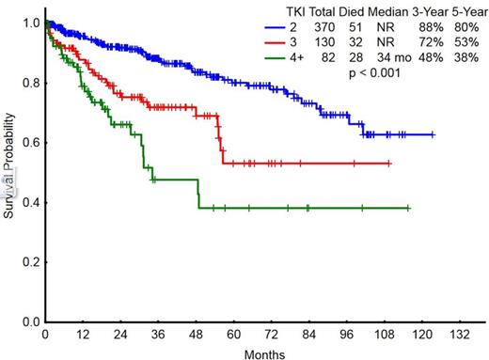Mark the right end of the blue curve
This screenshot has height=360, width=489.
(434, 135)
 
